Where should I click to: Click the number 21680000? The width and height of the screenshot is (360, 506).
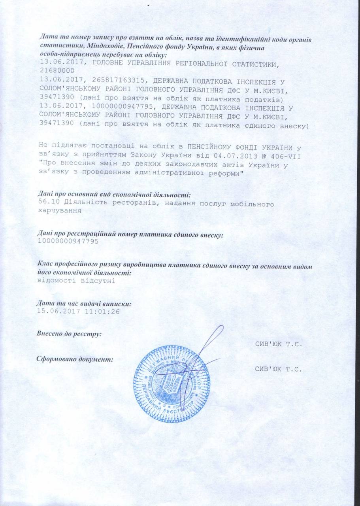tap(55, 70)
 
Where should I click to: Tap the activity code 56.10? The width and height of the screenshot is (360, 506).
tap(49, 204)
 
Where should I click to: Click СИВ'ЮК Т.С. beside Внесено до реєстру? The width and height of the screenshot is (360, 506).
tap(279, 344)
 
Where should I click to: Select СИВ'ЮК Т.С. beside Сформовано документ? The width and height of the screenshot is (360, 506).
tap(279, 370)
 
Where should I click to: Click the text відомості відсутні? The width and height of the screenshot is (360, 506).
tap(76, 281)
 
